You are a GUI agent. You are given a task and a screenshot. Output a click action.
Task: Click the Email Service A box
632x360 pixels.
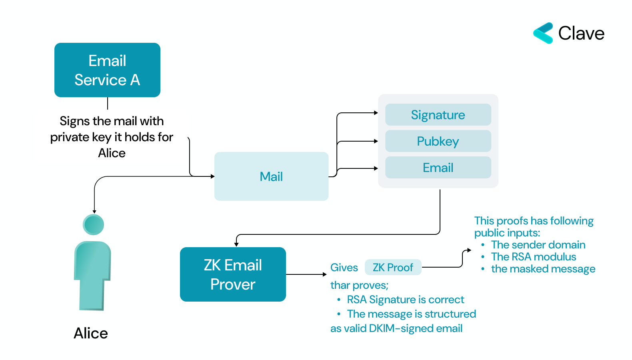click(107, 70)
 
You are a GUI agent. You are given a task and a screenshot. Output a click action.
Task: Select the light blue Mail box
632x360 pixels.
click(271, 176)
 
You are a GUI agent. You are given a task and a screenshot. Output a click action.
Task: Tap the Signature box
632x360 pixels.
click(438, 115)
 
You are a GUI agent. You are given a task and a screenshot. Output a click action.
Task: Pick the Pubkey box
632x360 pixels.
click(438, 141)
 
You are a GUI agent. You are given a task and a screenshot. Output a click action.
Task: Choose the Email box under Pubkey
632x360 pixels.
click(438, 168)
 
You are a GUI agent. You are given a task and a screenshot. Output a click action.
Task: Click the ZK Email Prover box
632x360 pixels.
click(233, 274)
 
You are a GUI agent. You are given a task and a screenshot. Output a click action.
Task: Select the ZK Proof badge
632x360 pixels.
click(393, 267)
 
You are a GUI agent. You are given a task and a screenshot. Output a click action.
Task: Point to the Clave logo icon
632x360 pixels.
click(543, 33)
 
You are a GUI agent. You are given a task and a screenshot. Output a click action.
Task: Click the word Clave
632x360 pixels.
click(581, 33)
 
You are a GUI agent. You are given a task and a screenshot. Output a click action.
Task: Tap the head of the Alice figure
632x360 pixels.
click(94, 224)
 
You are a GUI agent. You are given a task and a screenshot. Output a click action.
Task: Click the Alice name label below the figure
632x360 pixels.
click(91, 333)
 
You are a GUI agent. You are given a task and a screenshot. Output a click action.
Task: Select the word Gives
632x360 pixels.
click(344, 268)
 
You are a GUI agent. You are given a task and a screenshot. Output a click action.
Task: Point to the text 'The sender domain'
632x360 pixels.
click(538, 245)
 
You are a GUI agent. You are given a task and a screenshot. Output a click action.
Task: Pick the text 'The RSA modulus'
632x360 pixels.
click(534, 257)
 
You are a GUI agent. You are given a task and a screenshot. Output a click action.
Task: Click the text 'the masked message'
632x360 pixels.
click(543, 269)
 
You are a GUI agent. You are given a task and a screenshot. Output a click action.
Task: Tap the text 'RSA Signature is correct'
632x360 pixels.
click(406, 300)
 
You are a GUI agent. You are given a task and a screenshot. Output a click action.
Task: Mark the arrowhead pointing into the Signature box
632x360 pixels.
click(376, 113)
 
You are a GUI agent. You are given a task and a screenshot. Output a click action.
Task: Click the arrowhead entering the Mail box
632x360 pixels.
click(212, 176)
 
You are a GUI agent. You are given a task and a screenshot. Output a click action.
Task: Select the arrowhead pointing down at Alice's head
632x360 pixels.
click(94, 212)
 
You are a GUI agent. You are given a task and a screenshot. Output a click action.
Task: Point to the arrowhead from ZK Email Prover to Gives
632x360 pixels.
click(325, 274)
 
